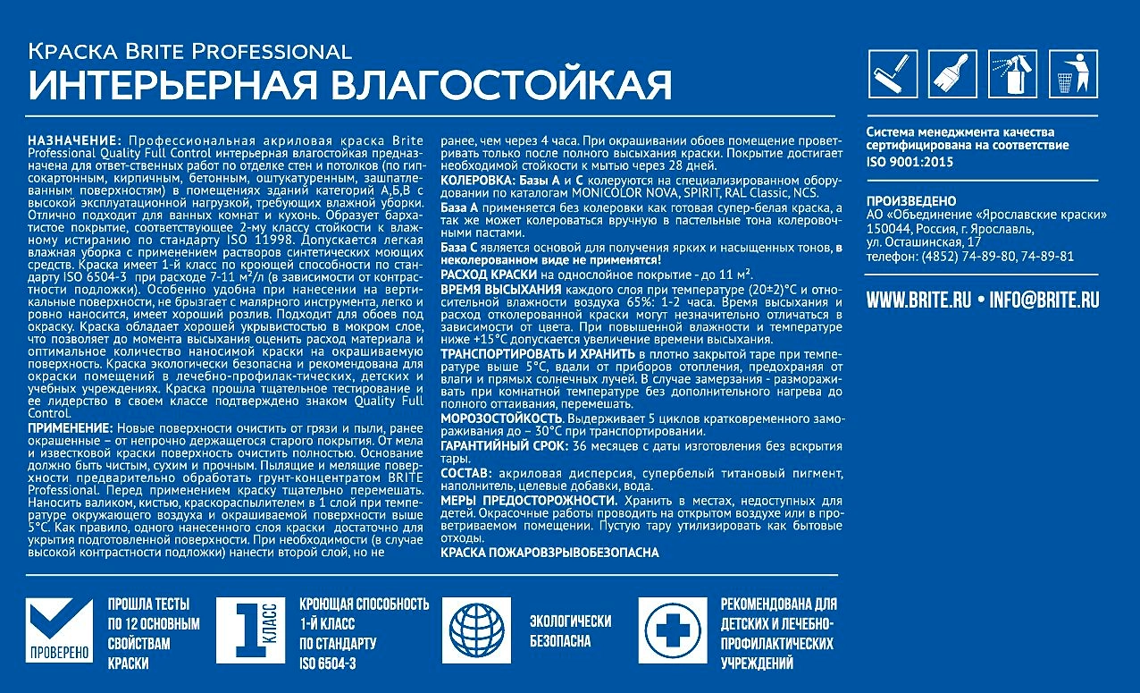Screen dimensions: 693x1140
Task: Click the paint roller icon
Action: pos(893,74)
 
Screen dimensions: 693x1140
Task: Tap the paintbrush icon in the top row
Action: pos(952,74)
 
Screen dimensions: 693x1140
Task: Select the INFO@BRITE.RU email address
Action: pos(1044,300)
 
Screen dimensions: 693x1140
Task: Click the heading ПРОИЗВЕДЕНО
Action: pos(910,201)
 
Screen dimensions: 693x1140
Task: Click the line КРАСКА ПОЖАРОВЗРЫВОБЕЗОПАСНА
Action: pos(549,553)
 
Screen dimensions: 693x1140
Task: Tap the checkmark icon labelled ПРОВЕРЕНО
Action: pos(59,630)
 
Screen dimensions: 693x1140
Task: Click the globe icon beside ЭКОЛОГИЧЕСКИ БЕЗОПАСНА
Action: pos(475,630)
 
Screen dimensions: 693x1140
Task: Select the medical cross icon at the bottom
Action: pos(671,630)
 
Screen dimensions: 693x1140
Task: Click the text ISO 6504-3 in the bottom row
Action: pos(328,663)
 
